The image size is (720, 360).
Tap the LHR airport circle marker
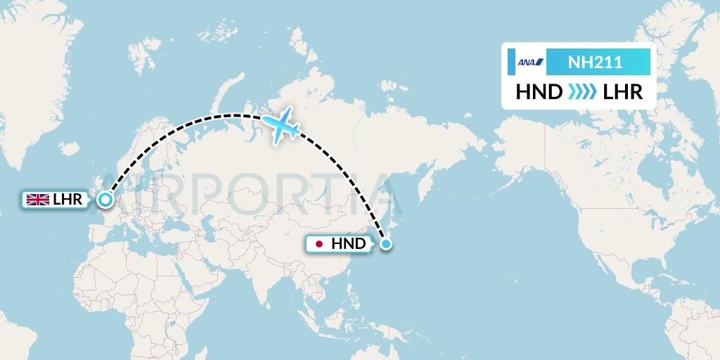click(x=105, y=200)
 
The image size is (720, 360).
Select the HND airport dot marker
click(x=386, y=244)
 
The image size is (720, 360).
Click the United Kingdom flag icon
click(x=37, y=200)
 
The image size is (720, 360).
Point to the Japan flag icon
click(x=320, y=244)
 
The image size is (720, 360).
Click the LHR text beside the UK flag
click(x=68, y=200)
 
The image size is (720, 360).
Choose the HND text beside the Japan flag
click(x=348, y=244)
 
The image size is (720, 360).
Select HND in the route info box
click(x=538, y=92)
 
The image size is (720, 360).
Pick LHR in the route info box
click(x=623, y=92)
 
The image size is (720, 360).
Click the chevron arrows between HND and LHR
click(x=581, y=92)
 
